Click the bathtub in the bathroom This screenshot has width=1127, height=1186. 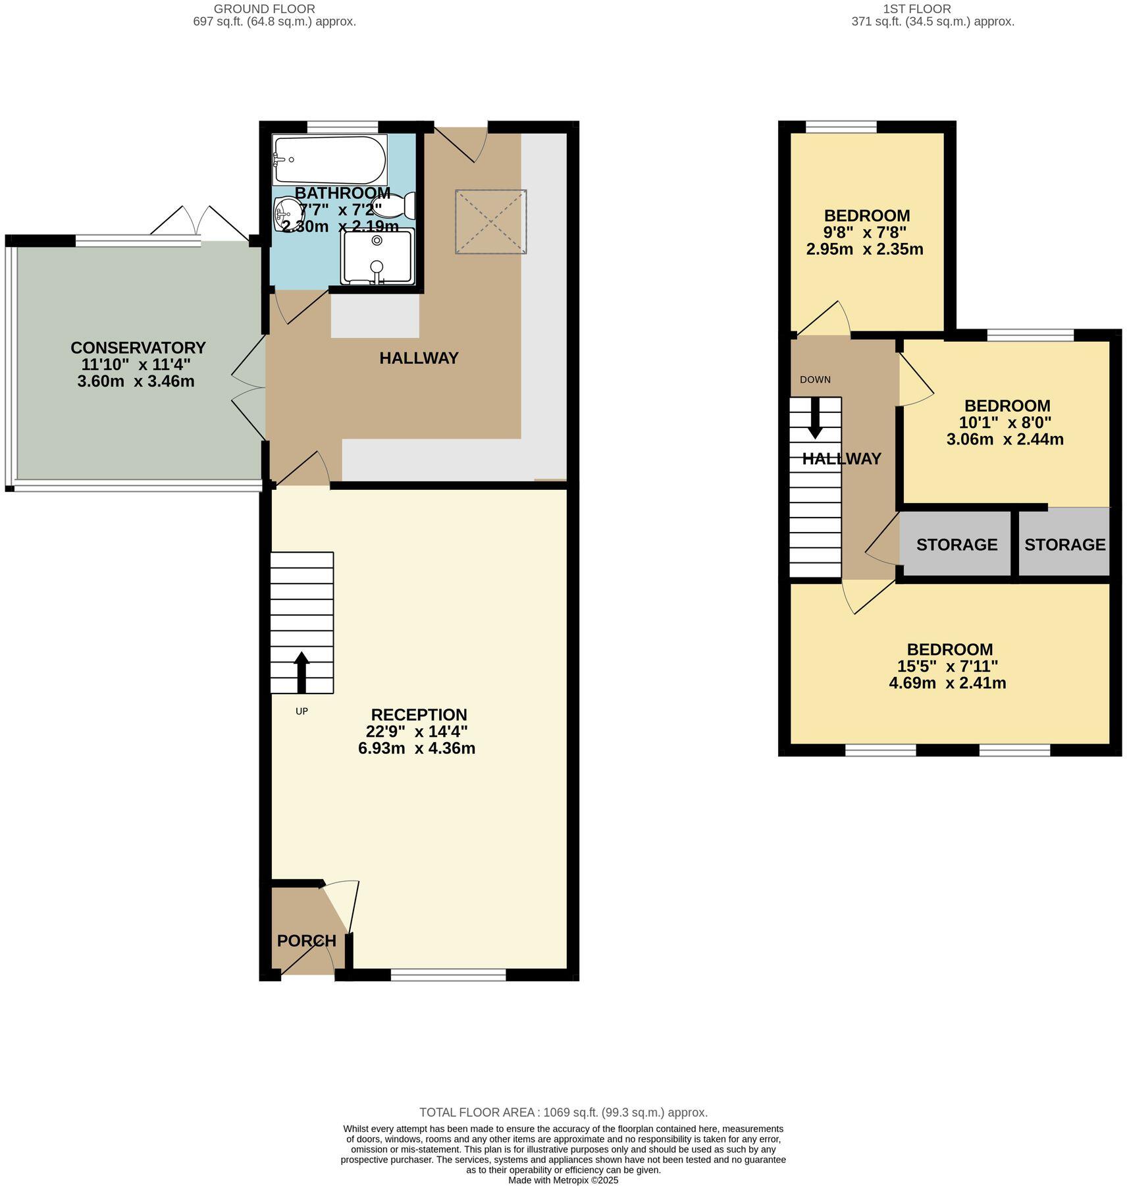[x=329, y=159]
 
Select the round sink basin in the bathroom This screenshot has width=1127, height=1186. [x=288, y=211]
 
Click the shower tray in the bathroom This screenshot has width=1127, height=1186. [x=377, y=256]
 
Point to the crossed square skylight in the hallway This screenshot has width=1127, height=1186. [x=490, y=221]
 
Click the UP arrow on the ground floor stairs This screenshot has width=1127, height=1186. [x=301, y=672]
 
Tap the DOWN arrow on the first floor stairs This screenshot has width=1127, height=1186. [x=815, y=418]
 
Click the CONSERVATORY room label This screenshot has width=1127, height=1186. [x=138, y=348]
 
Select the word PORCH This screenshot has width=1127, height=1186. [x=306, y=941]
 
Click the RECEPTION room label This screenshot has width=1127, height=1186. [x=419, y=714]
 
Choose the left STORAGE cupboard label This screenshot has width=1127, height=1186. [x=957, y=545]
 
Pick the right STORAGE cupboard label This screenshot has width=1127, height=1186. [x=1064, y=545]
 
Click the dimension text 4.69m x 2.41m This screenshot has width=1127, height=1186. [x=947, y=683]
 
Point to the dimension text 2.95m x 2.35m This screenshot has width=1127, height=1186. [x=864, y=250]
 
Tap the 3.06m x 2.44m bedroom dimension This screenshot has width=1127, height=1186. [x=1005, y=439]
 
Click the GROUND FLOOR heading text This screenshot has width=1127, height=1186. [x=264, y=9]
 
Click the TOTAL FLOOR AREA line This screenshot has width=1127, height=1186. [x=563, y=1112]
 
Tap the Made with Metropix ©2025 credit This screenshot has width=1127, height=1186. [x=563, y=1180]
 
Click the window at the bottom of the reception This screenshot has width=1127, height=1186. [x=448, y=975]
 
